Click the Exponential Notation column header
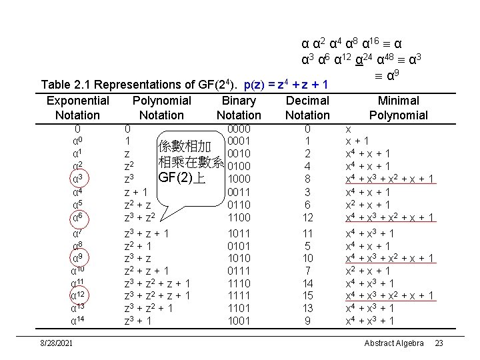(78, 108)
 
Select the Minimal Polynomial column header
(398, 108)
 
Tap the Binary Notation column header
(239, 108)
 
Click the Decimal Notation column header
(307, 108)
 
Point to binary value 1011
(239, 234)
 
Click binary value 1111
(239, 296)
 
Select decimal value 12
(307, 217)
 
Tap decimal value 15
(307, 296)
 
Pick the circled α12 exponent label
(79, 296)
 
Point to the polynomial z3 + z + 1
(147, 234)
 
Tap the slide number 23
(439, 343)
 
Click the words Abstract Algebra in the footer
(393, 343)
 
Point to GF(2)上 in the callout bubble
(181, 178)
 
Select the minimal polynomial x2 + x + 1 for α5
(367, 205)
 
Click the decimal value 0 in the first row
(307, 129)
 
